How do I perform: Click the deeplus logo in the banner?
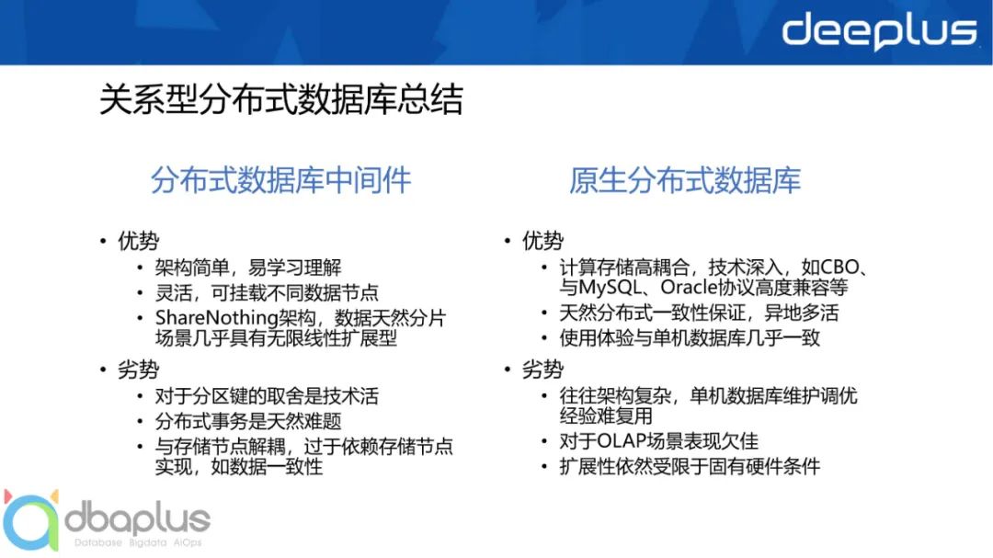coord(880,31)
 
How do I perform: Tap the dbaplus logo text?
coord(137,520)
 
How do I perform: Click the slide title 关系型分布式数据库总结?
coord(281,99)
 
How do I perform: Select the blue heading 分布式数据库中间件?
coord(280,180)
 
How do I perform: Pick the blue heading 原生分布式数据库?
coord(685,180)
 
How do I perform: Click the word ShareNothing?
coord(217,317)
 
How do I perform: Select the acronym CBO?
coord(839,268)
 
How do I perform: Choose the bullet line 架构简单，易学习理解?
coord(247,268)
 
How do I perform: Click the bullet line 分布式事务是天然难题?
coord(247,421)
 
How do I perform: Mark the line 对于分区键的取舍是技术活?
coord(267,396)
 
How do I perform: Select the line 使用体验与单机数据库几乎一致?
coord(689,337)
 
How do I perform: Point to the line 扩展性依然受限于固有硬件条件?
coord(689,467)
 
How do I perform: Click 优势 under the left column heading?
coord(138,241)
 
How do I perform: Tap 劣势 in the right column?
coord(542,370)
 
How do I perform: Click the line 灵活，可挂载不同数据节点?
coord(267,292)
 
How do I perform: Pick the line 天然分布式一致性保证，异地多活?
coord(699,313)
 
